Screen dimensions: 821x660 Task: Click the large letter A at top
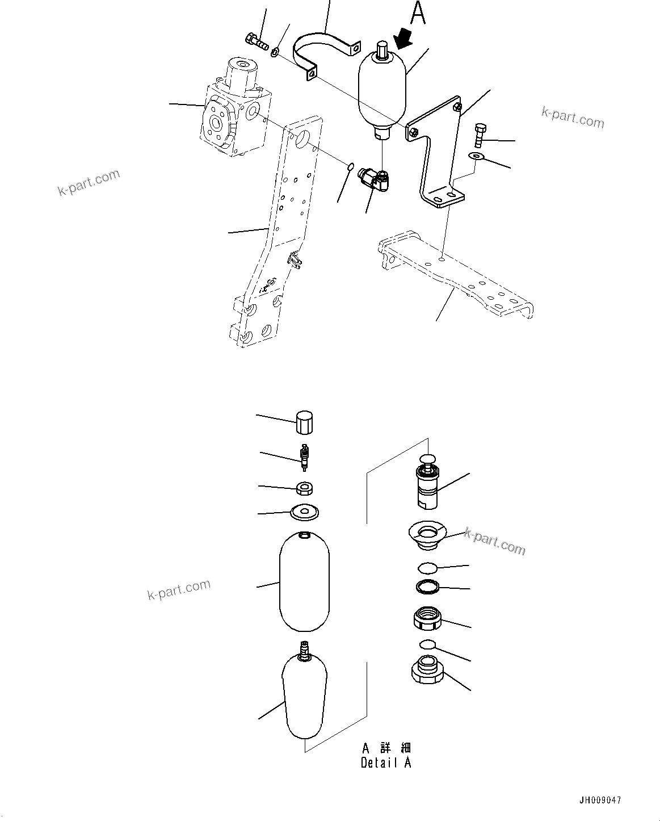tap(418, 14)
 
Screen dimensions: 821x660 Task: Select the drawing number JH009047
tap(600, 800)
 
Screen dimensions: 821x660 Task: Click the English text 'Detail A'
tap(385, 763)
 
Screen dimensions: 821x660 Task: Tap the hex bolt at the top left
tap(257, 41)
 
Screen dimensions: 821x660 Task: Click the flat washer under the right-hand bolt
tap(476, 156)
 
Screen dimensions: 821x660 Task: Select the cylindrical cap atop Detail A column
tap(305, 423)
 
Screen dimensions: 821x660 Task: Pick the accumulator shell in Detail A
tap(305, 581)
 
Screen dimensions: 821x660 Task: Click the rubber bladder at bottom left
tap(305, 698)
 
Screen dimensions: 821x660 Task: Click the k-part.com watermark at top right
tap(572, 118)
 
